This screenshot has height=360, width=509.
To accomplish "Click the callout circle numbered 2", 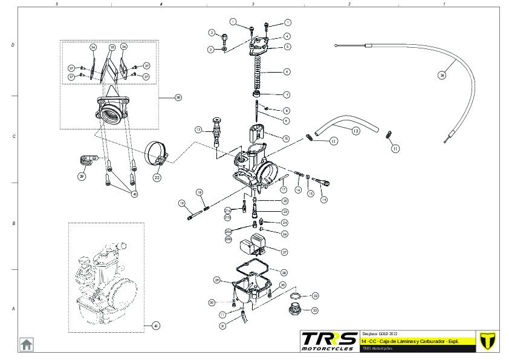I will (212, 32).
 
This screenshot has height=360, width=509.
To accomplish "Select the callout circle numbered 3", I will (211, 49).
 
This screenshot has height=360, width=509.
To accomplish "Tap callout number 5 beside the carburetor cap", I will (287, 46).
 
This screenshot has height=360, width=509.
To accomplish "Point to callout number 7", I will (287, 95).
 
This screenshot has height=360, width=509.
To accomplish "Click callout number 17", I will (284, 189).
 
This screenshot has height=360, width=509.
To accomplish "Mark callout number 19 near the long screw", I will (181, 203).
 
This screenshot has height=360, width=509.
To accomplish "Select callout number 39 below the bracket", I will (82, 177).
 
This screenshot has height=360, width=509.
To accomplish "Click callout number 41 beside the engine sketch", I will (155, 326).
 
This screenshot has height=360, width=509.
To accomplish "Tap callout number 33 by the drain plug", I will (315, 310).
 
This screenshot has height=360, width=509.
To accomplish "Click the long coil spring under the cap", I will (259, 73).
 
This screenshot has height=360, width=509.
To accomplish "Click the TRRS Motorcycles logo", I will (328, 341).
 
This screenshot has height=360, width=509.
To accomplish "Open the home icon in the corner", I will (27, 344).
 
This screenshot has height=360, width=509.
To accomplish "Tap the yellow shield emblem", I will (486, 341).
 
